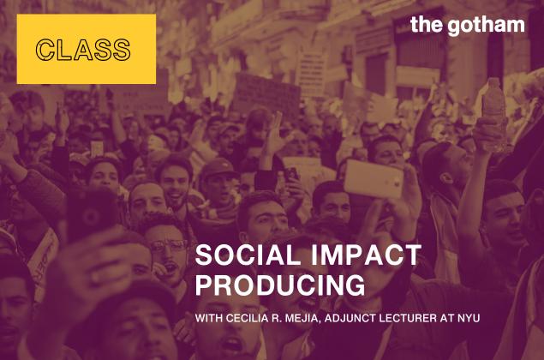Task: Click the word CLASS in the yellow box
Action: point(83,50)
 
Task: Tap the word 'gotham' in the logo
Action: point(486,27)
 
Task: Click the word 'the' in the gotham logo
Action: point(427,24)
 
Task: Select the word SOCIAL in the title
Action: point(248,255)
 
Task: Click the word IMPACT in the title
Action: point(366,255)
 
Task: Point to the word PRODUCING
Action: point(280,285)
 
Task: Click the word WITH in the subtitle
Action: point(208,318)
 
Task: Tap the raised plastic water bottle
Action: point(493,115)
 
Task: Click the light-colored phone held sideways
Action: point(374,178)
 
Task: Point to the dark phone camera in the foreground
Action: point(91,215)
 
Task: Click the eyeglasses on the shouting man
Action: point(170,246)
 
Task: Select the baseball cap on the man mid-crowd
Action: point(218,167)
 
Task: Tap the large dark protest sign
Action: point(266,93)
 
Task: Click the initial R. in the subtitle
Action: point(277,318)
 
